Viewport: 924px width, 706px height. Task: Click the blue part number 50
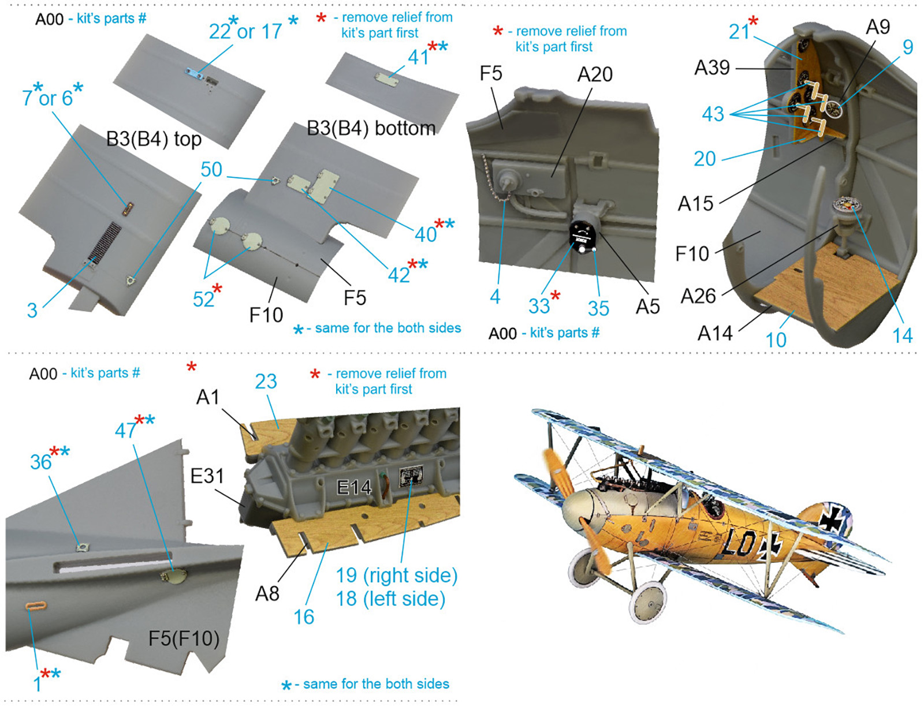click(211, 170)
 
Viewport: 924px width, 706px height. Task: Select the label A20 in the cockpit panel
click(595, 74)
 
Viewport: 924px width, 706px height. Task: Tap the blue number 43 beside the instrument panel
click(713, 114)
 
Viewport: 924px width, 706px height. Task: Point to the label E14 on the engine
click(354, 488)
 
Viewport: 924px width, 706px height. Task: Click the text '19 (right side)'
click(397, 575)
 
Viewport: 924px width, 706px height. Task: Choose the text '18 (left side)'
click(390, 598)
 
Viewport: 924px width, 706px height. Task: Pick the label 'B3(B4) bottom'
click(371, 128)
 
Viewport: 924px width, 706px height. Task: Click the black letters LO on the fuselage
click(743, 543)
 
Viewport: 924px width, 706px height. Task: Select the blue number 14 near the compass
click(903, 336)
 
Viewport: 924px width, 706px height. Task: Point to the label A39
click(712, 68)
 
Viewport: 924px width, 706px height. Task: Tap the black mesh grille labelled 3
click(105, 243)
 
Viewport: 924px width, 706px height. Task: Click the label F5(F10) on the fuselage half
click(184, 638)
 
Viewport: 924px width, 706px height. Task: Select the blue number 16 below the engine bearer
click(304, 617)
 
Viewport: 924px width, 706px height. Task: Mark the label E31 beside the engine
click(207, 476)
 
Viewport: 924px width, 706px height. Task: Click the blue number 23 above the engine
click(266, 381)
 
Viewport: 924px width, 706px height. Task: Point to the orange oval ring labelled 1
click(36, 606)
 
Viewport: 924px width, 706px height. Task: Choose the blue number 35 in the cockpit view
click(598, 308)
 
